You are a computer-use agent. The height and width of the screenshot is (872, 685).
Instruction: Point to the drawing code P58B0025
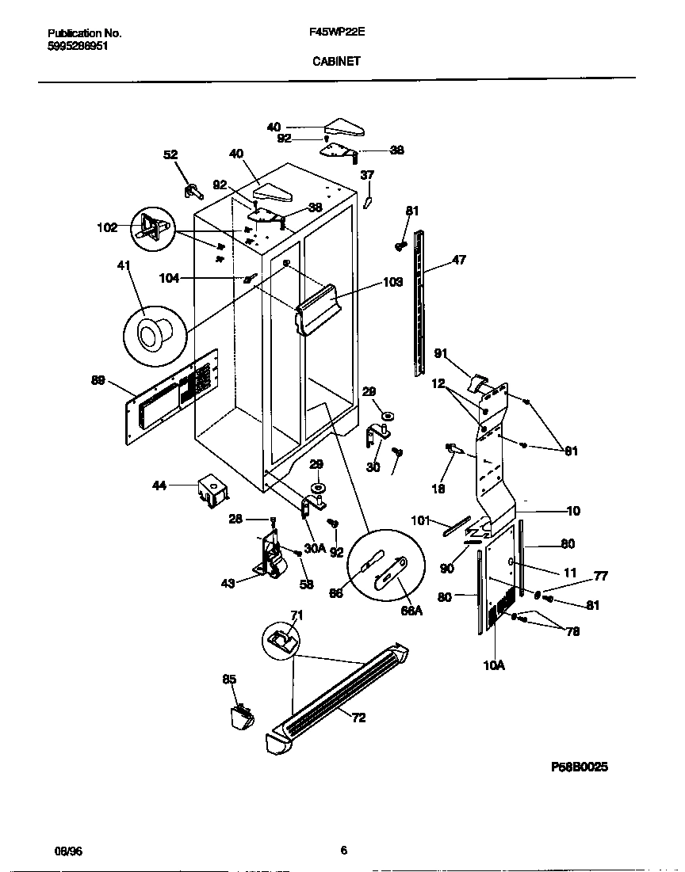[x=580, y=767]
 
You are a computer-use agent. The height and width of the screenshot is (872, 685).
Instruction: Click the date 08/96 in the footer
[x=68, y=851]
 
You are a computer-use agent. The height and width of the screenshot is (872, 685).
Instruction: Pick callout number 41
[x=124, y=267]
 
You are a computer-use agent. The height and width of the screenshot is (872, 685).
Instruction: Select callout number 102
[x=107, y=228]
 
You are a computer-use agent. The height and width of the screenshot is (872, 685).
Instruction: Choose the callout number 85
[x=229, y=679]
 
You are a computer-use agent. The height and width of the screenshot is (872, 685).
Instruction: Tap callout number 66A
[x=411, y=611]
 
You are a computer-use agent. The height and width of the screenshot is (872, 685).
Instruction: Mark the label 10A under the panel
[x=493, y=666]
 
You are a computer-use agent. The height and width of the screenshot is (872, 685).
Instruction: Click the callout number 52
[x=171, y=155]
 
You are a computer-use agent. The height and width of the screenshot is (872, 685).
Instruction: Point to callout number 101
[x=421, y=520]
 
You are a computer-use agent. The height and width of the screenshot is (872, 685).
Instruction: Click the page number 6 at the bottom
[x=343, y=851]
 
